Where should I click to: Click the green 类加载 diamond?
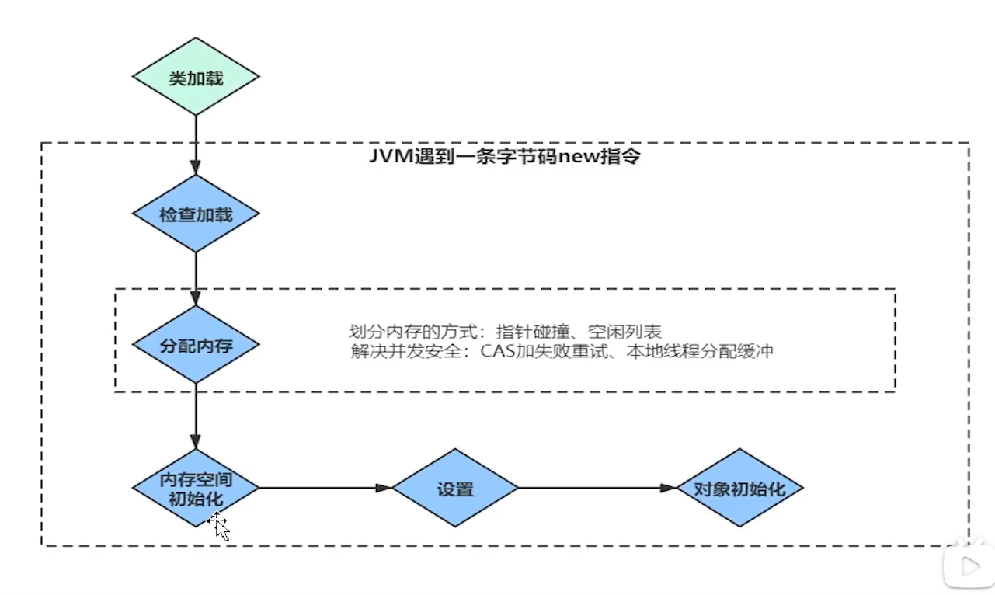coord(195,77)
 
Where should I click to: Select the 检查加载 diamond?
coord(195,214)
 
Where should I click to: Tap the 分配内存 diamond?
coord(195,344)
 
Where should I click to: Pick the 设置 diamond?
coord(454,489)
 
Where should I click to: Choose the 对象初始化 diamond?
coord(739,489)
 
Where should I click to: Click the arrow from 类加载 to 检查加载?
coord(195,144)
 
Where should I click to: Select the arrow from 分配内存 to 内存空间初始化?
coord(195,416)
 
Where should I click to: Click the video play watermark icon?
coord(968,566)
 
